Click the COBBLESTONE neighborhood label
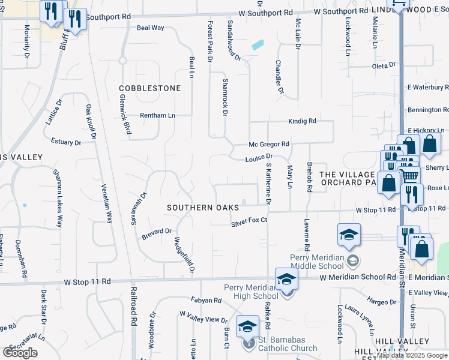[149, 88]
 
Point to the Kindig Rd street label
[302, 121]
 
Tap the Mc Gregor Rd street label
[270, 144]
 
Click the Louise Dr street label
[259, 159]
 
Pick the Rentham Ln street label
[157, 115]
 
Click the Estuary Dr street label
[66, 143]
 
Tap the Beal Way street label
[151, 28]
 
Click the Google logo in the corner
[20, 353]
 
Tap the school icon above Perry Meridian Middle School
[349, 236]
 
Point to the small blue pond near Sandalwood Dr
[258, 44]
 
